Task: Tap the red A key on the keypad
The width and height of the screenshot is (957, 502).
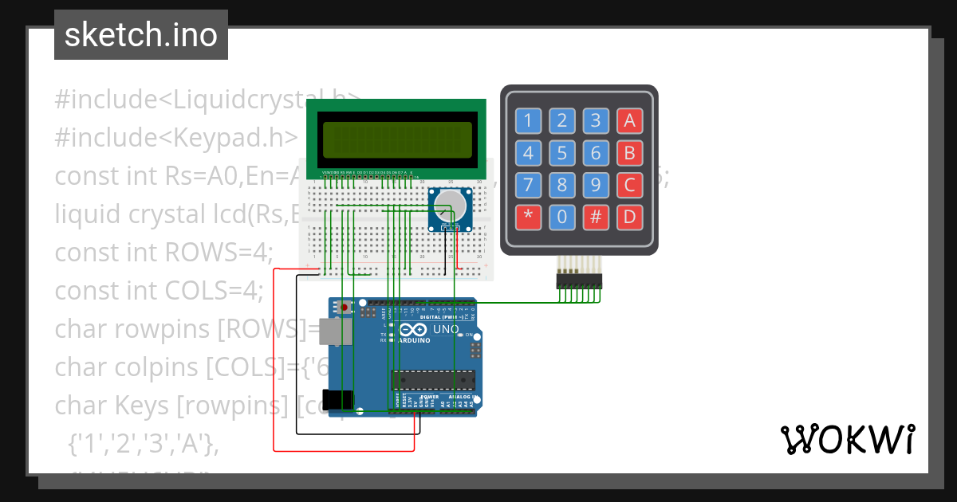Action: (629, 121)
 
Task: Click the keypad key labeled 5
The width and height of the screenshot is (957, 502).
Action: (562, 153)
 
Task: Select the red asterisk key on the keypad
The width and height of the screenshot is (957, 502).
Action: (527, 217)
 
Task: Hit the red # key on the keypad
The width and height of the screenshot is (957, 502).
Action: (595, 217)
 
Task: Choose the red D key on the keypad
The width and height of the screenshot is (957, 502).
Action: (629, 217)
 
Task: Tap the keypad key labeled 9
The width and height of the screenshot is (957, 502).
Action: (595, 185)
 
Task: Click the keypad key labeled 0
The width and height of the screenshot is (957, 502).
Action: (562, 217)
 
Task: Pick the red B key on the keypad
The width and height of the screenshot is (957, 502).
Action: (629, 153)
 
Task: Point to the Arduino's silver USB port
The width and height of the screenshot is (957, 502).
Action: (333, 331)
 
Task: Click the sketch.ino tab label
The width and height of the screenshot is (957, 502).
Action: (140, 35)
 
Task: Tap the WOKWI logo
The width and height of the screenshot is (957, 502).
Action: (848, 439)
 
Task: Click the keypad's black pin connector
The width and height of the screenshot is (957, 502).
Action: (579, 281)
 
